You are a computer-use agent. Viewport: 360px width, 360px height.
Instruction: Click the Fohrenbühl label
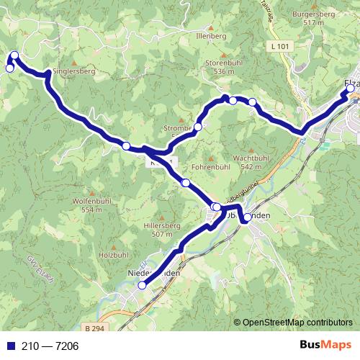210,167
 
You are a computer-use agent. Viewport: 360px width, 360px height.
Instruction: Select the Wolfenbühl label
92,201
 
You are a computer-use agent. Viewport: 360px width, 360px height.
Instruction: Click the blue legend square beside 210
9,346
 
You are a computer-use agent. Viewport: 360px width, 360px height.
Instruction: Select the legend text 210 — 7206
50,346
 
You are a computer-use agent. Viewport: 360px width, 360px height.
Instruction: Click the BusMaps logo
325,346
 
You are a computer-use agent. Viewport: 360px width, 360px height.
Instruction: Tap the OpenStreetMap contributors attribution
295,323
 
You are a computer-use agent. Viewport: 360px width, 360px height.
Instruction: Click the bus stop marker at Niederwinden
142,285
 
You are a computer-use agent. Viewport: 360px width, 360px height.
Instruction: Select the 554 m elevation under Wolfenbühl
92,210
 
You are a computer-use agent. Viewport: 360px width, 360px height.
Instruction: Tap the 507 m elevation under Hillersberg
163,234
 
